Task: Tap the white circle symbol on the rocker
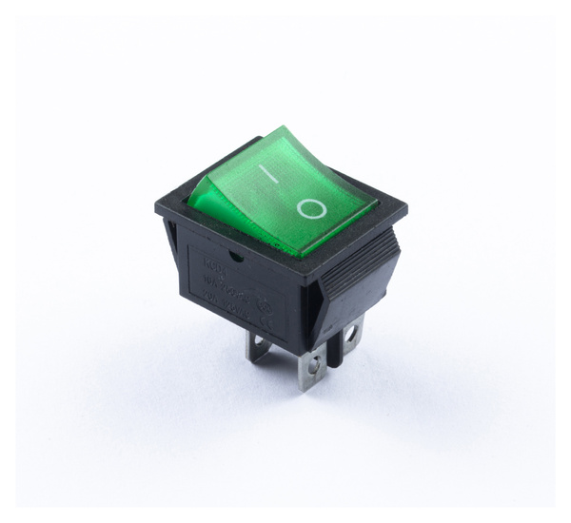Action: (311, 207)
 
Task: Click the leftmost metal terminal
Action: (258, 347)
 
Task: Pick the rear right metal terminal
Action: (351, 334)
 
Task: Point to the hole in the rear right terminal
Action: (351, 334)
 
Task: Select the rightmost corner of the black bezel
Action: (406, 208)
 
